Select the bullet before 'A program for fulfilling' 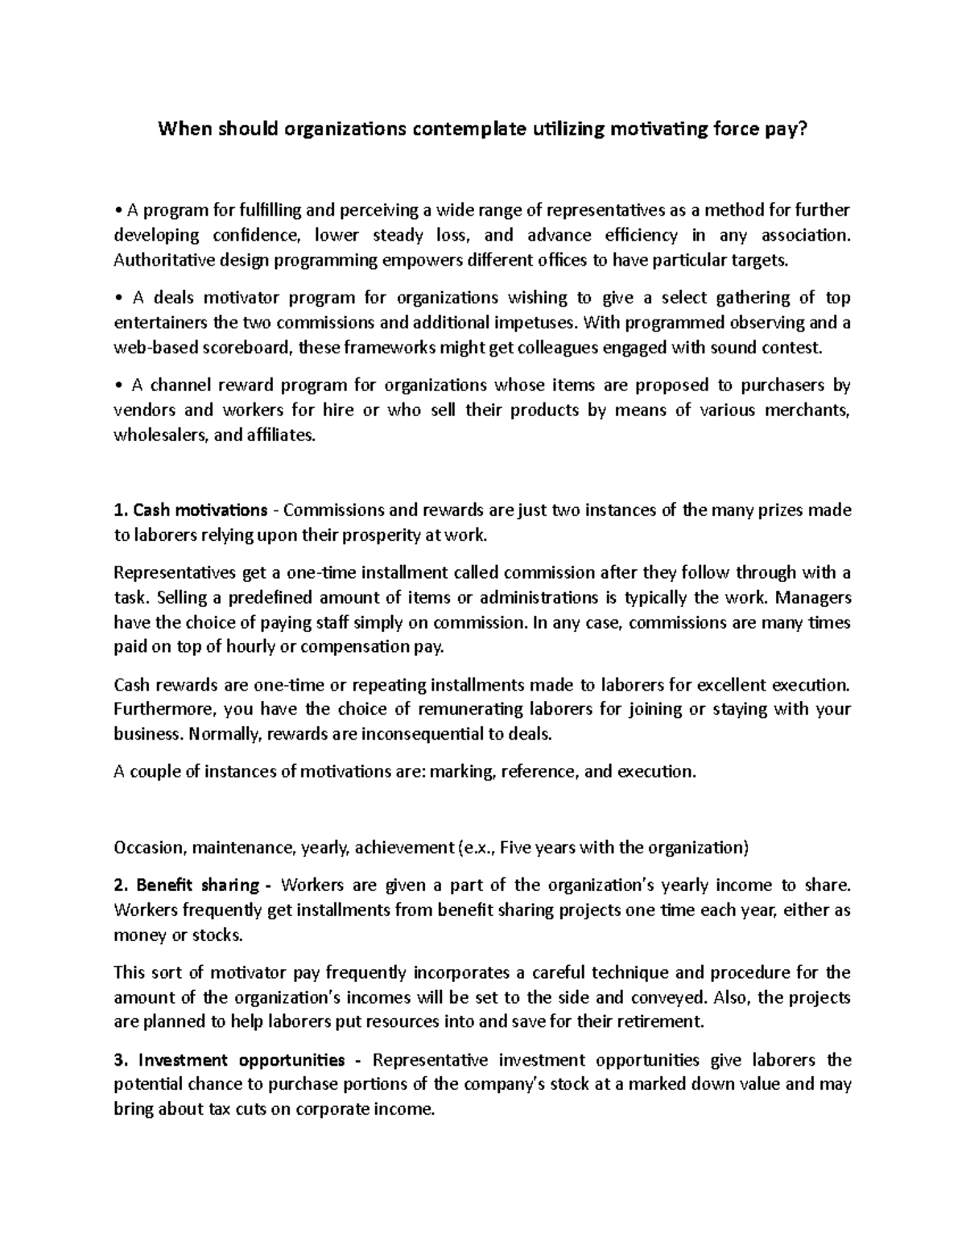pyautogui.click(x=118, y=211)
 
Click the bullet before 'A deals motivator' pyautogui.click(x=118, y=299)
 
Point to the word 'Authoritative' pyautogui.click(x=155, y=260)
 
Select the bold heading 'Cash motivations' pyautogui.click(x=200, y=510)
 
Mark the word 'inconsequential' pyautogui.click(x=413, y=734)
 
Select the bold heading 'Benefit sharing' pyautogui.click(x=197, y=885)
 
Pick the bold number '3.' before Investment pyautogui.click(x=120, y=1059)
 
